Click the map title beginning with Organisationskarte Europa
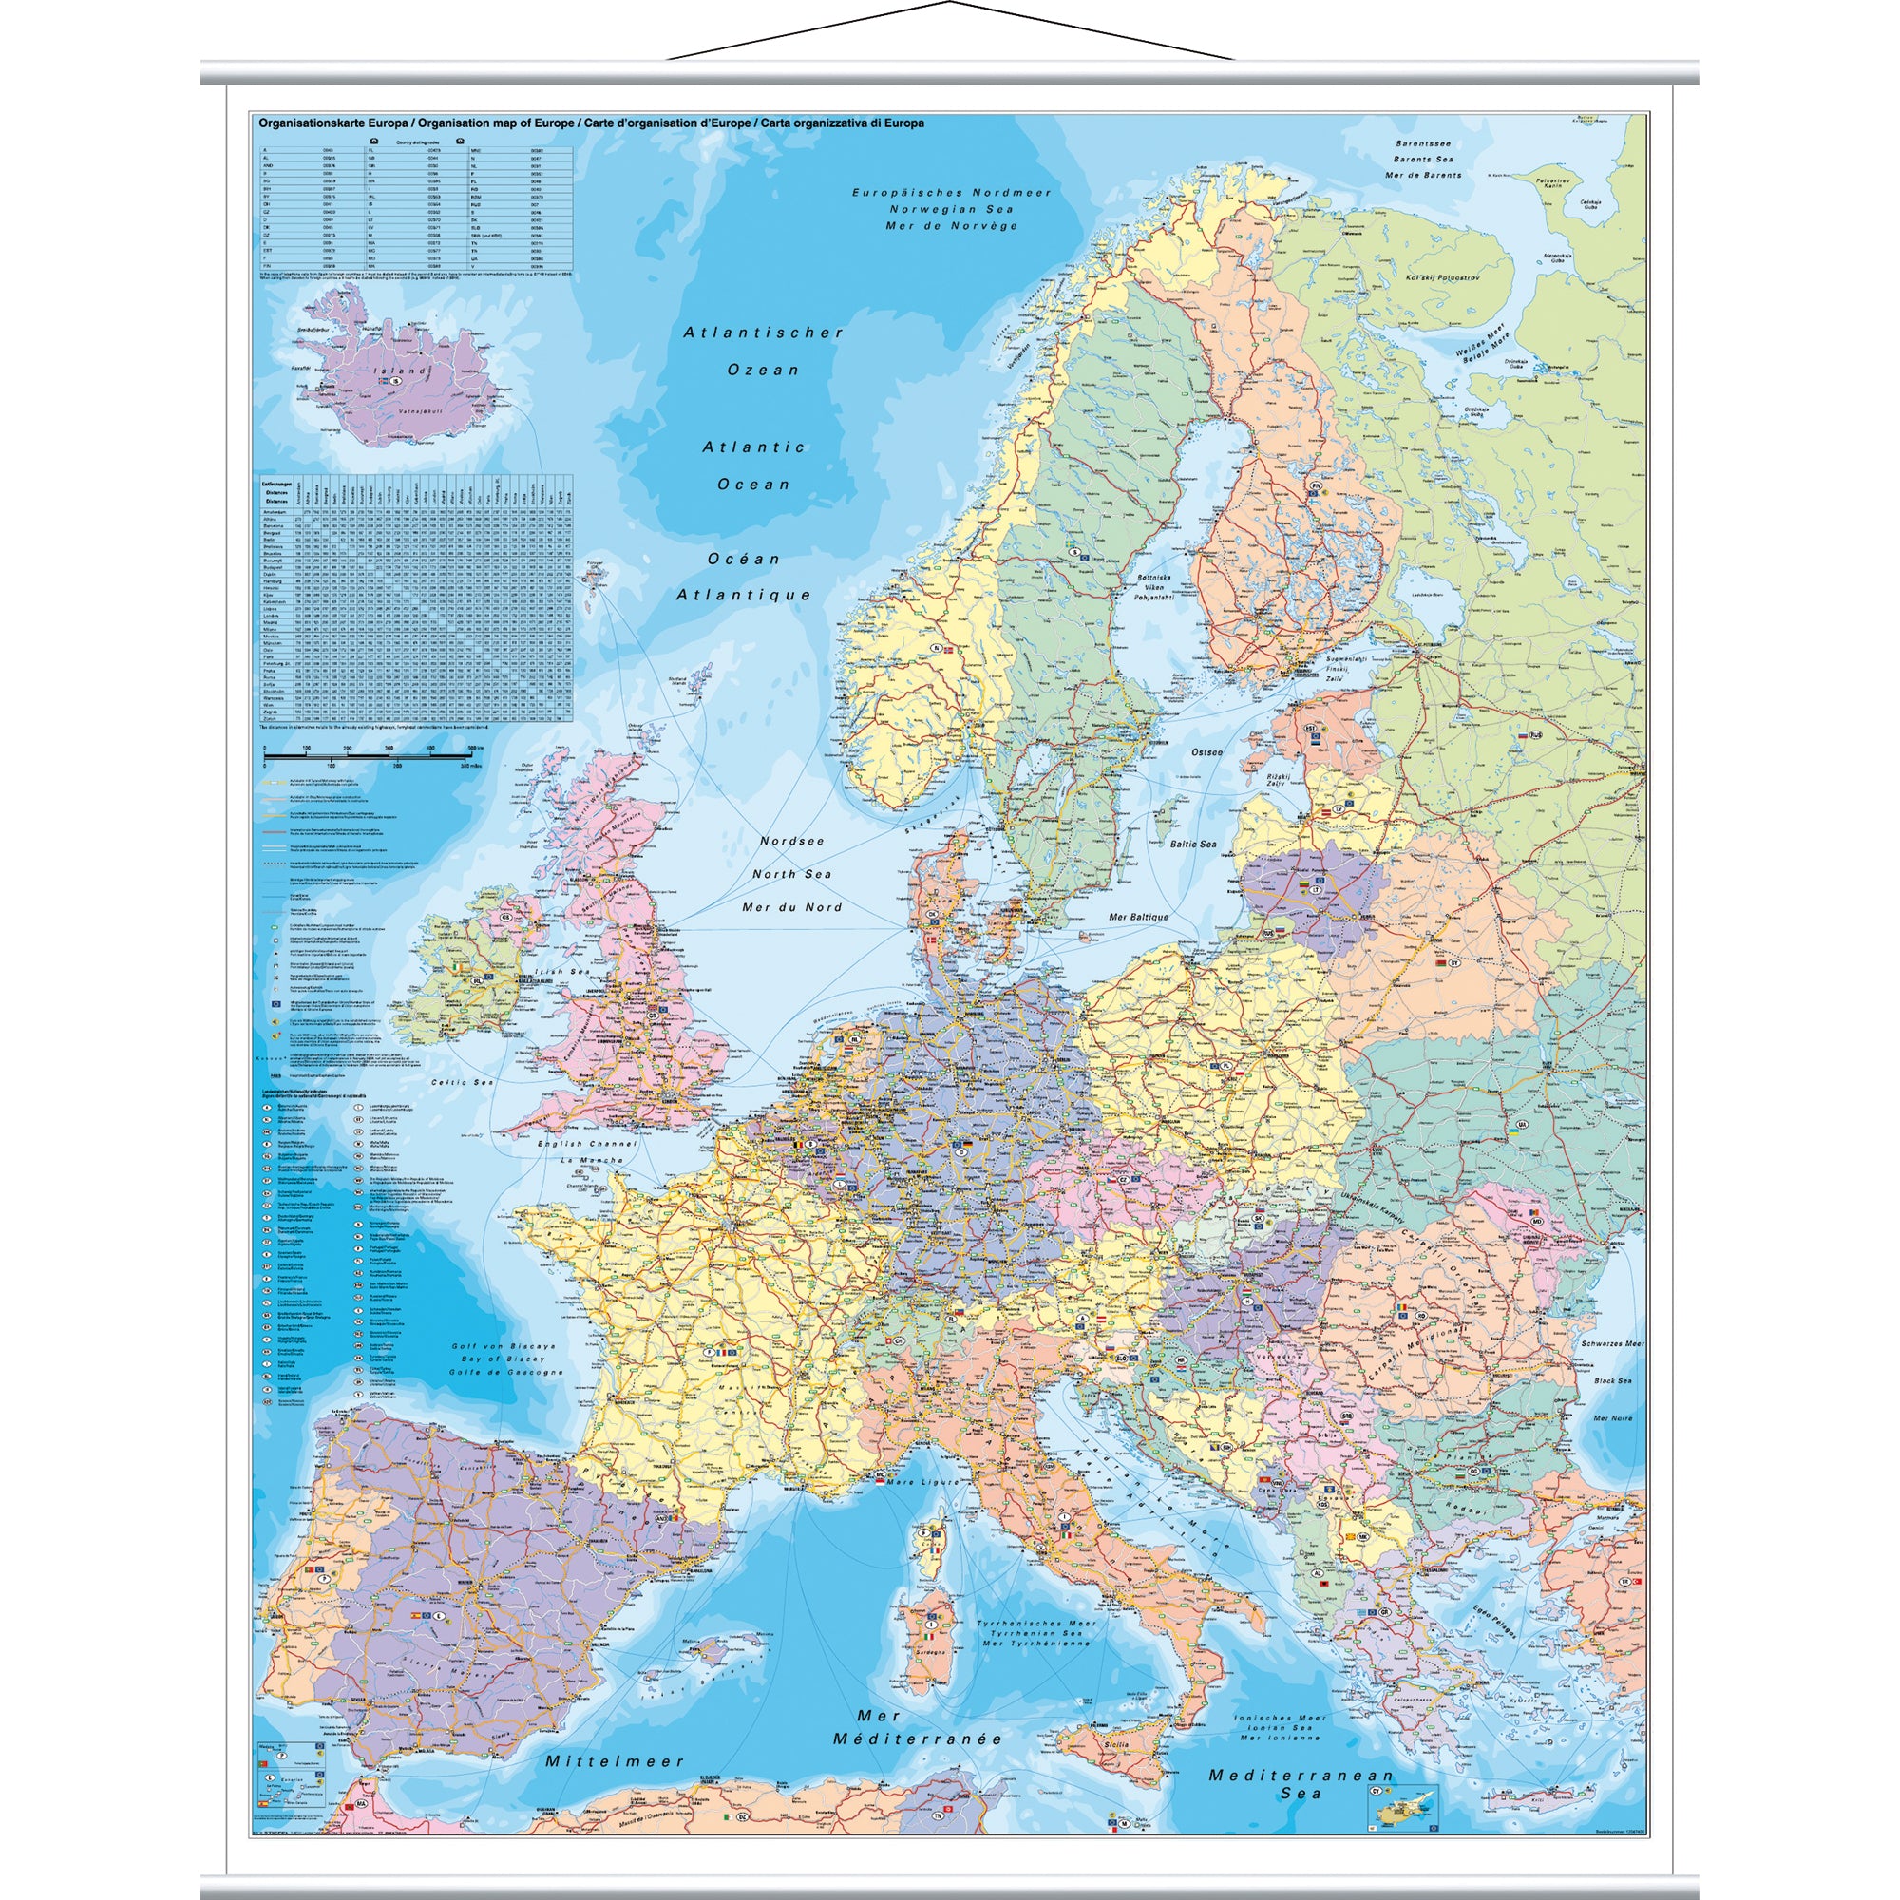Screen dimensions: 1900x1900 coord(590,123)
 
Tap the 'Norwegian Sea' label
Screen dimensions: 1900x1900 coord(950,209)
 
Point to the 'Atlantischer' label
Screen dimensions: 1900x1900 coord(763,332)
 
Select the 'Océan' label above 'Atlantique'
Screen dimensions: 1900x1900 coord(744,559)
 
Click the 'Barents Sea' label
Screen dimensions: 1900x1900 coord(1422,160)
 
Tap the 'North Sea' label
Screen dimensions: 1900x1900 coord(791,874)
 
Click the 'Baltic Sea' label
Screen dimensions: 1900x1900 coord(1193,844)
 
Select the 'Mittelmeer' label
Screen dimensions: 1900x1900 coord(615,1761)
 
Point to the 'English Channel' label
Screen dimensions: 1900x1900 coord(586,1144)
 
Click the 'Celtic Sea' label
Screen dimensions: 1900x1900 coord(462,1082)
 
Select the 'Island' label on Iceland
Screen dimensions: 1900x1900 coord(399,371)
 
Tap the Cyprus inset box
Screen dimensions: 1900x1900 coord(1400,1807)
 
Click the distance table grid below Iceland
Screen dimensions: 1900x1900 coord(414,599)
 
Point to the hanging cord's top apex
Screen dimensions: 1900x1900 coord(950,3)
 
